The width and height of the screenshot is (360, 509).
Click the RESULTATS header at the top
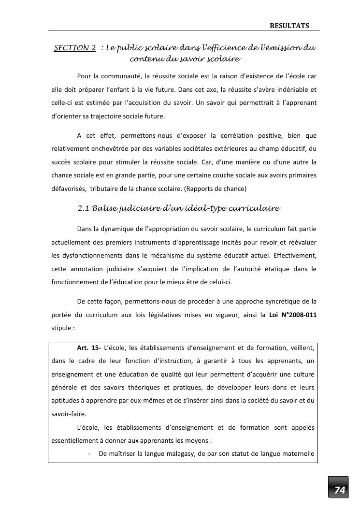tap(289, 26)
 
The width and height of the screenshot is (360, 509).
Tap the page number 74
tap(340, 490)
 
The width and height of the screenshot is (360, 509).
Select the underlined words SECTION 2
tap(75, 48)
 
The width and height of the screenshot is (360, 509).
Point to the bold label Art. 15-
tap(89, 348)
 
